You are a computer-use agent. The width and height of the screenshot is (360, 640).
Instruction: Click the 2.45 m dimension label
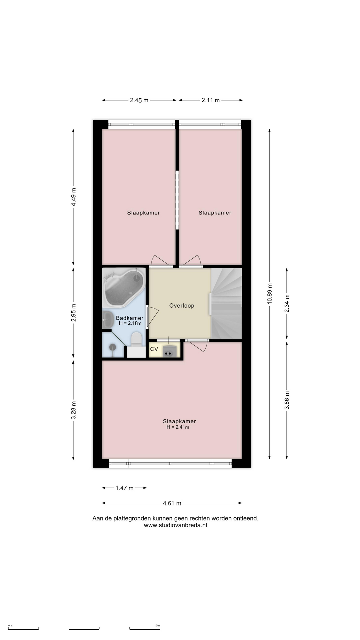139,100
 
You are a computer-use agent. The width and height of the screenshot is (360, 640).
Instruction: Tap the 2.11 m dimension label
211,100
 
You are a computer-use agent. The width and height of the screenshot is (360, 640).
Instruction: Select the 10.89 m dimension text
270,293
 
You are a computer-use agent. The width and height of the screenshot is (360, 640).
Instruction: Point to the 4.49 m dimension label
74,197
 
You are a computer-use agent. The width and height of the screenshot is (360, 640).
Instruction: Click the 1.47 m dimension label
124,488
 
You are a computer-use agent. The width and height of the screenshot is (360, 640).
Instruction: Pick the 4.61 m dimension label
172,503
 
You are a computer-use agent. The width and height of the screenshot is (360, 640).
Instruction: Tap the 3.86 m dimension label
287,400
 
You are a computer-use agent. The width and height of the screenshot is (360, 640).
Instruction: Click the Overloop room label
182,305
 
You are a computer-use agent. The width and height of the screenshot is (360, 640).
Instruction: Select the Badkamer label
130,318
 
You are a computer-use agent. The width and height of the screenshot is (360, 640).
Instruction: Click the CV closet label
154,349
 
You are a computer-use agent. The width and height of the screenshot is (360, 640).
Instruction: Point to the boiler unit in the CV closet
169,351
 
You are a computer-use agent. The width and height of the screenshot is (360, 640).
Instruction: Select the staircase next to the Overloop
226,304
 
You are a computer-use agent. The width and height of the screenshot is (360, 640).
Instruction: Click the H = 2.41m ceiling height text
178,427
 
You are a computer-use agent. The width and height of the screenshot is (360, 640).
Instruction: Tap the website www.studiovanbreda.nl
175,525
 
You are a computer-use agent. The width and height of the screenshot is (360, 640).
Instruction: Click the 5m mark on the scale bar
158,626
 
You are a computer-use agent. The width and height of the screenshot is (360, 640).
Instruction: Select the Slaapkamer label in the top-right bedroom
215,213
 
